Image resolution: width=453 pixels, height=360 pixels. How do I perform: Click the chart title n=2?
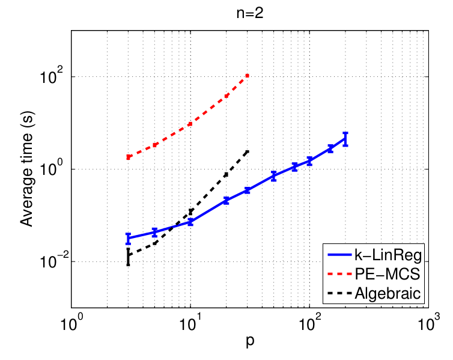251,13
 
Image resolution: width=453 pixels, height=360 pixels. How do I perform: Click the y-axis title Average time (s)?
26,169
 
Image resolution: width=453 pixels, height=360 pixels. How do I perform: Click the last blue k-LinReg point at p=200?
345,139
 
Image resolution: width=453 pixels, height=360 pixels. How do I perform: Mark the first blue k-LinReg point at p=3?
128,238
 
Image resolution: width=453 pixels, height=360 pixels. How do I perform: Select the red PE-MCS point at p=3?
128,157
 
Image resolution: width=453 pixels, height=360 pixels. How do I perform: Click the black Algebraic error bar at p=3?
128,256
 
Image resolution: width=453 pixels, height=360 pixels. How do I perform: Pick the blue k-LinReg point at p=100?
309,160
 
